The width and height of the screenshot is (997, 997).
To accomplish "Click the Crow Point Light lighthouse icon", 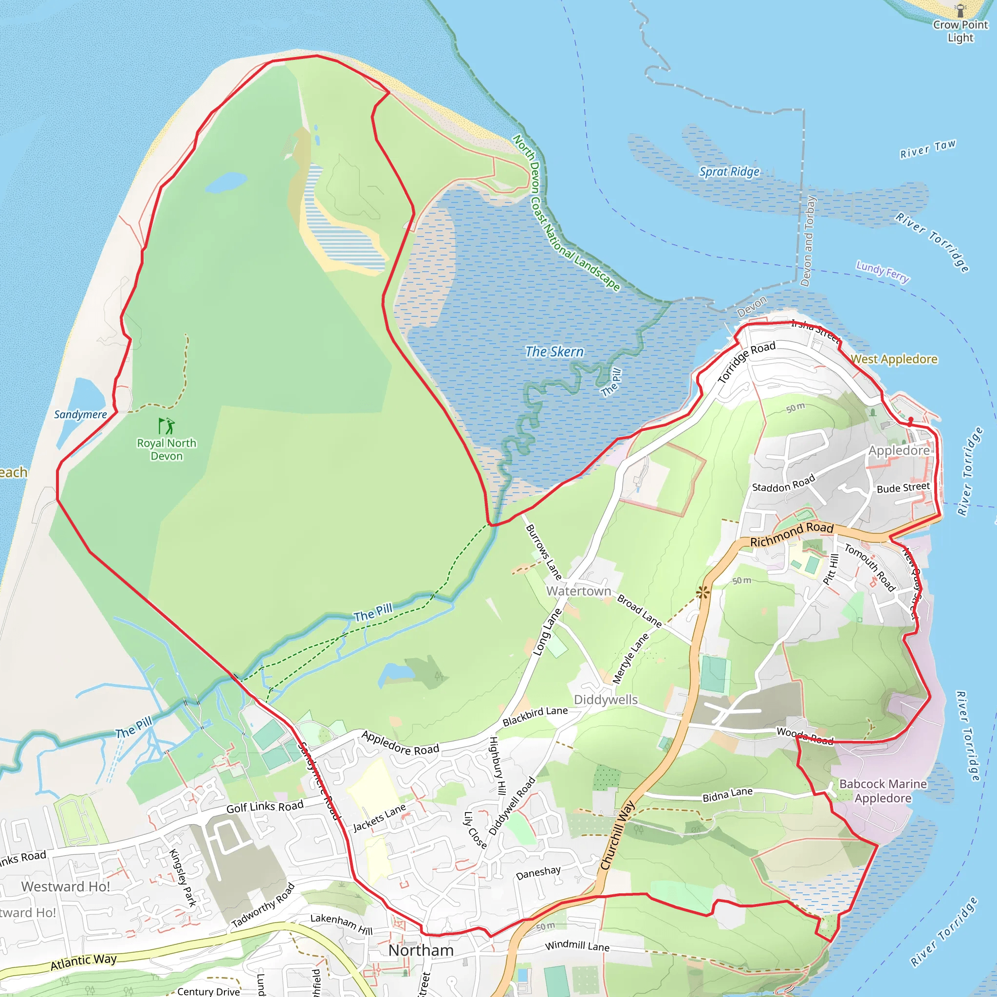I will pos(960,10).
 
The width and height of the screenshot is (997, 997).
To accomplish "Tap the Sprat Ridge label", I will pos(729,172).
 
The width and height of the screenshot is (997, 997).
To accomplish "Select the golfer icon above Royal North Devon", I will pos(166,426).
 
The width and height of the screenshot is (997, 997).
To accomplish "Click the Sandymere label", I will pos(80,414).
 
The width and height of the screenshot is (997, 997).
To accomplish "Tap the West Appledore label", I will pos(894,359).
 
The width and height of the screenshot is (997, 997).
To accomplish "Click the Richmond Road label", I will pos(792,535).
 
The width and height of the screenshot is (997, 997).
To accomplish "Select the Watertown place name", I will pos(578,591).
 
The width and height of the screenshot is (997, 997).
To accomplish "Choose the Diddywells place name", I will pos(606,700).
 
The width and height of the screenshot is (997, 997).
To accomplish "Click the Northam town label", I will pos(421,950).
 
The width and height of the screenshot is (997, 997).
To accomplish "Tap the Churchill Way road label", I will pos(618,835).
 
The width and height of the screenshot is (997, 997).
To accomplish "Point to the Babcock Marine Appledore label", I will pos(883,791).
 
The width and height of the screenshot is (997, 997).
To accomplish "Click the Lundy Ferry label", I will pos(883,272).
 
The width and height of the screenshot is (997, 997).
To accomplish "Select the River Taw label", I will pos(928,149).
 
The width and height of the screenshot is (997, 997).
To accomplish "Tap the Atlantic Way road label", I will pos(84,961).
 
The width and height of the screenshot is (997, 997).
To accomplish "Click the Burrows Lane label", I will pos(543,552).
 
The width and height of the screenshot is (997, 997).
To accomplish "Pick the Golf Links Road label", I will pos(265,808).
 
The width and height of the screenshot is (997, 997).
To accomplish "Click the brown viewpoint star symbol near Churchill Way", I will pos(702,593).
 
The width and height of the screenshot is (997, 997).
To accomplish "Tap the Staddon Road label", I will pos(783,483).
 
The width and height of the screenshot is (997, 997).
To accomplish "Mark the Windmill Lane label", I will pos(577,946).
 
